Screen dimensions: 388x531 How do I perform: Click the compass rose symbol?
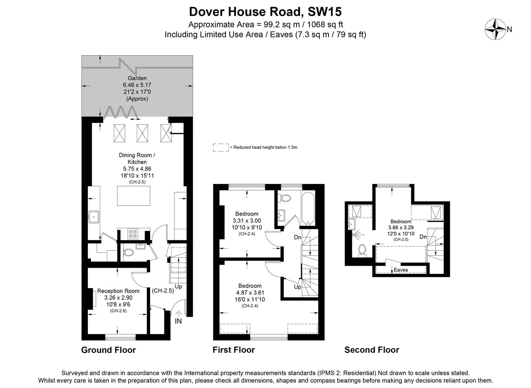(x=495, y=29)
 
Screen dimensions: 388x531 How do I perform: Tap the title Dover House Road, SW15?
(x=265, y=12)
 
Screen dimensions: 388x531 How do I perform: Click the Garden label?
(x=137, y=78)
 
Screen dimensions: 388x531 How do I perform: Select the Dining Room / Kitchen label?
(x=137, y=158)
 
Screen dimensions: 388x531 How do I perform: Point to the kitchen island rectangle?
(x=134, y=196)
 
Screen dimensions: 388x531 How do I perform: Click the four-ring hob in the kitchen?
(x=133, y=234)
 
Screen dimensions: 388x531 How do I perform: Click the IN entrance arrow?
(x=178, y=315)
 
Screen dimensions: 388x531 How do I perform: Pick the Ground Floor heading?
(x=108, y=350)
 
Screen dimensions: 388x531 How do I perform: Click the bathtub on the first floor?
(x=308, y=209)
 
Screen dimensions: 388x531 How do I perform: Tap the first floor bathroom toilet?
(x=286, y=198)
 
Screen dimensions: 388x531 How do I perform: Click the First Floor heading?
(x=234, y=350)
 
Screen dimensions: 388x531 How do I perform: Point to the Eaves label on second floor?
(x=401, y=270)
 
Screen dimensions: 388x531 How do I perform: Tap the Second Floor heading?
(x=372, y=350)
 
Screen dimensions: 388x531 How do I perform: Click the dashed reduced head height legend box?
(x=221, y=147)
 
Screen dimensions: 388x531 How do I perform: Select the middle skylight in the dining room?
(x=142, y=133)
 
